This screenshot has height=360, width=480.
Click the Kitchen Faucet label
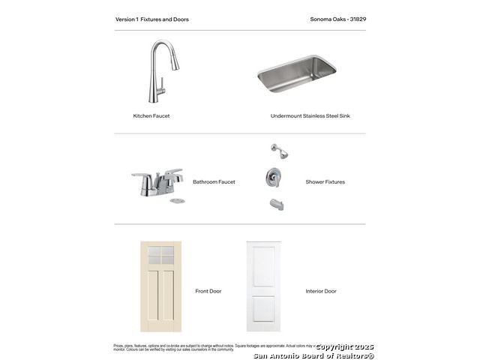(x=151, y=116)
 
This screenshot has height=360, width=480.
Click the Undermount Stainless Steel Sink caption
(x=310, y=116)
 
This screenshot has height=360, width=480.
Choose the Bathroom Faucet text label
(x=214, y=182)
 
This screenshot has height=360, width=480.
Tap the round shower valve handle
(x=274, y=178)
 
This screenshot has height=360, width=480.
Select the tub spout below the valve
(x=275, y=204)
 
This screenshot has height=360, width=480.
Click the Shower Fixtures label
(x=325, y=182)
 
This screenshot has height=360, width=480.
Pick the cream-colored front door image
(x=160, y=286)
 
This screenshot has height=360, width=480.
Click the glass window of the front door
(x=160, y=256)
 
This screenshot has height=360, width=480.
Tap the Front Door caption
(x=208, y=291)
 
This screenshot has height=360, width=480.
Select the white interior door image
(x=263, y=286)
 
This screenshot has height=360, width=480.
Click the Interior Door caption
(x=321, y=291)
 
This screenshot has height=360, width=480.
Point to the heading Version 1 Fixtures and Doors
(x=152, y=19)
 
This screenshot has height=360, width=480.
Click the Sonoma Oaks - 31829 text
(x=337, y=19)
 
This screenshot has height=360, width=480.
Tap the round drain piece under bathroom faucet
(x=177, y=200)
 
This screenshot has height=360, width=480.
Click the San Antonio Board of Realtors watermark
(x=313, y=355)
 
